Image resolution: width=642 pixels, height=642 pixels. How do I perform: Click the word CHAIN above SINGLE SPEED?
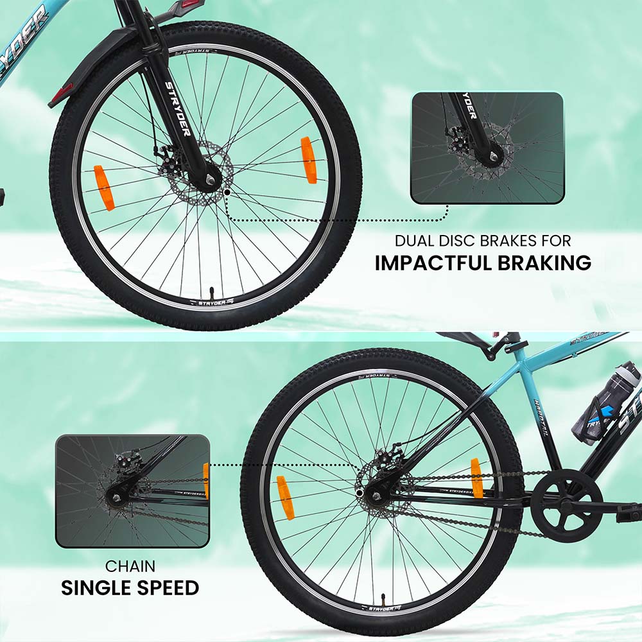click(130, 566)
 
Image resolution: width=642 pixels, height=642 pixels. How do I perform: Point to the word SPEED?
click(166, 587)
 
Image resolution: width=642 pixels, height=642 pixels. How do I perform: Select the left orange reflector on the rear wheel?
click(285, 497)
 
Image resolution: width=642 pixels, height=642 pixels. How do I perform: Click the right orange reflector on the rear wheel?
click(477, 478)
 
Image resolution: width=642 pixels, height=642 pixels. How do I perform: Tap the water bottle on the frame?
click(607, 401)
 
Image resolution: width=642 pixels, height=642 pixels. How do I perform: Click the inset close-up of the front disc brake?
click(487, 148)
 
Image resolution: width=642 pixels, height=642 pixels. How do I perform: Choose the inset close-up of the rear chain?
click(132, 491)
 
